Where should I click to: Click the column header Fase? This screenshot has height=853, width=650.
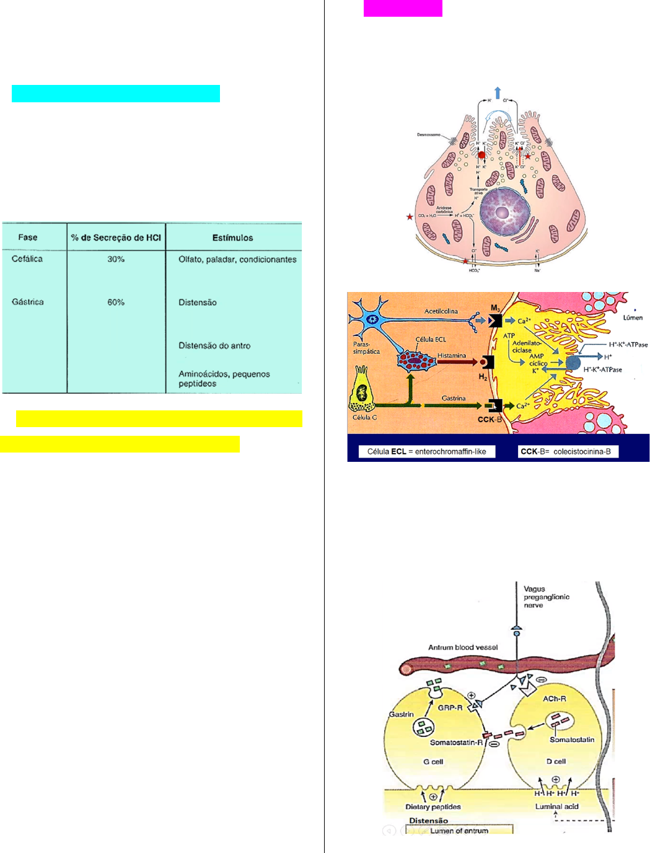coord(28,237)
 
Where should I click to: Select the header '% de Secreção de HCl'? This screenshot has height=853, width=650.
coord(116,237)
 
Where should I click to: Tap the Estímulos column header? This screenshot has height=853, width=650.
coord(232,237)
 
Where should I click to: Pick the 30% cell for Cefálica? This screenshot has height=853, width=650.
coord(116,259)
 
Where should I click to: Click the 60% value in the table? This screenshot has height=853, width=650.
coord(116,303)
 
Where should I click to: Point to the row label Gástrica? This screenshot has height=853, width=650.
coord(28,302)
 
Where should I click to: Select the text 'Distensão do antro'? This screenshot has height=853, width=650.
coord(214,346)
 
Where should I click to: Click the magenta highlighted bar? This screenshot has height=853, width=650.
coord(403,8)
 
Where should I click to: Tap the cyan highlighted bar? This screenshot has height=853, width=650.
coord(116,94)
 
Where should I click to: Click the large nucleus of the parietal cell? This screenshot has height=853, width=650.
coord(503,213)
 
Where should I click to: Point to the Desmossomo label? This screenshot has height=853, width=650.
coord(429,135)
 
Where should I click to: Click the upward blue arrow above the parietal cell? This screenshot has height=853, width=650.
coord(498,93)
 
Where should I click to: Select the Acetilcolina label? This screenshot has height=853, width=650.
coord(441,311)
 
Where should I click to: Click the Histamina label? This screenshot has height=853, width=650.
coord(452,356)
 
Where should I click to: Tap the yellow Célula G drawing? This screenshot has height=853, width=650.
coord(362,391)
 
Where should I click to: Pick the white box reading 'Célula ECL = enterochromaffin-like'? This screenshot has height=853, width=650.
coord(427,451)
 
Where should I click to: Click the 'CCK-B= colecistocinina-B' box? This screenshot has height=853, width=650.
coord(568,451)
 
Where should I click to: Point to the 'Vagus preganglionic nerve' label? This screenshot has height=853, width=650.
coord(546,597)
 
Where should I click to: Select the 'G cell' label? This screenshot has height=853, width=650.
coord(433,762)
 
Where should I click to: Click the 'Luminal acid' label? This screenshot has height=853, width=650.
coord(556,807)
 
